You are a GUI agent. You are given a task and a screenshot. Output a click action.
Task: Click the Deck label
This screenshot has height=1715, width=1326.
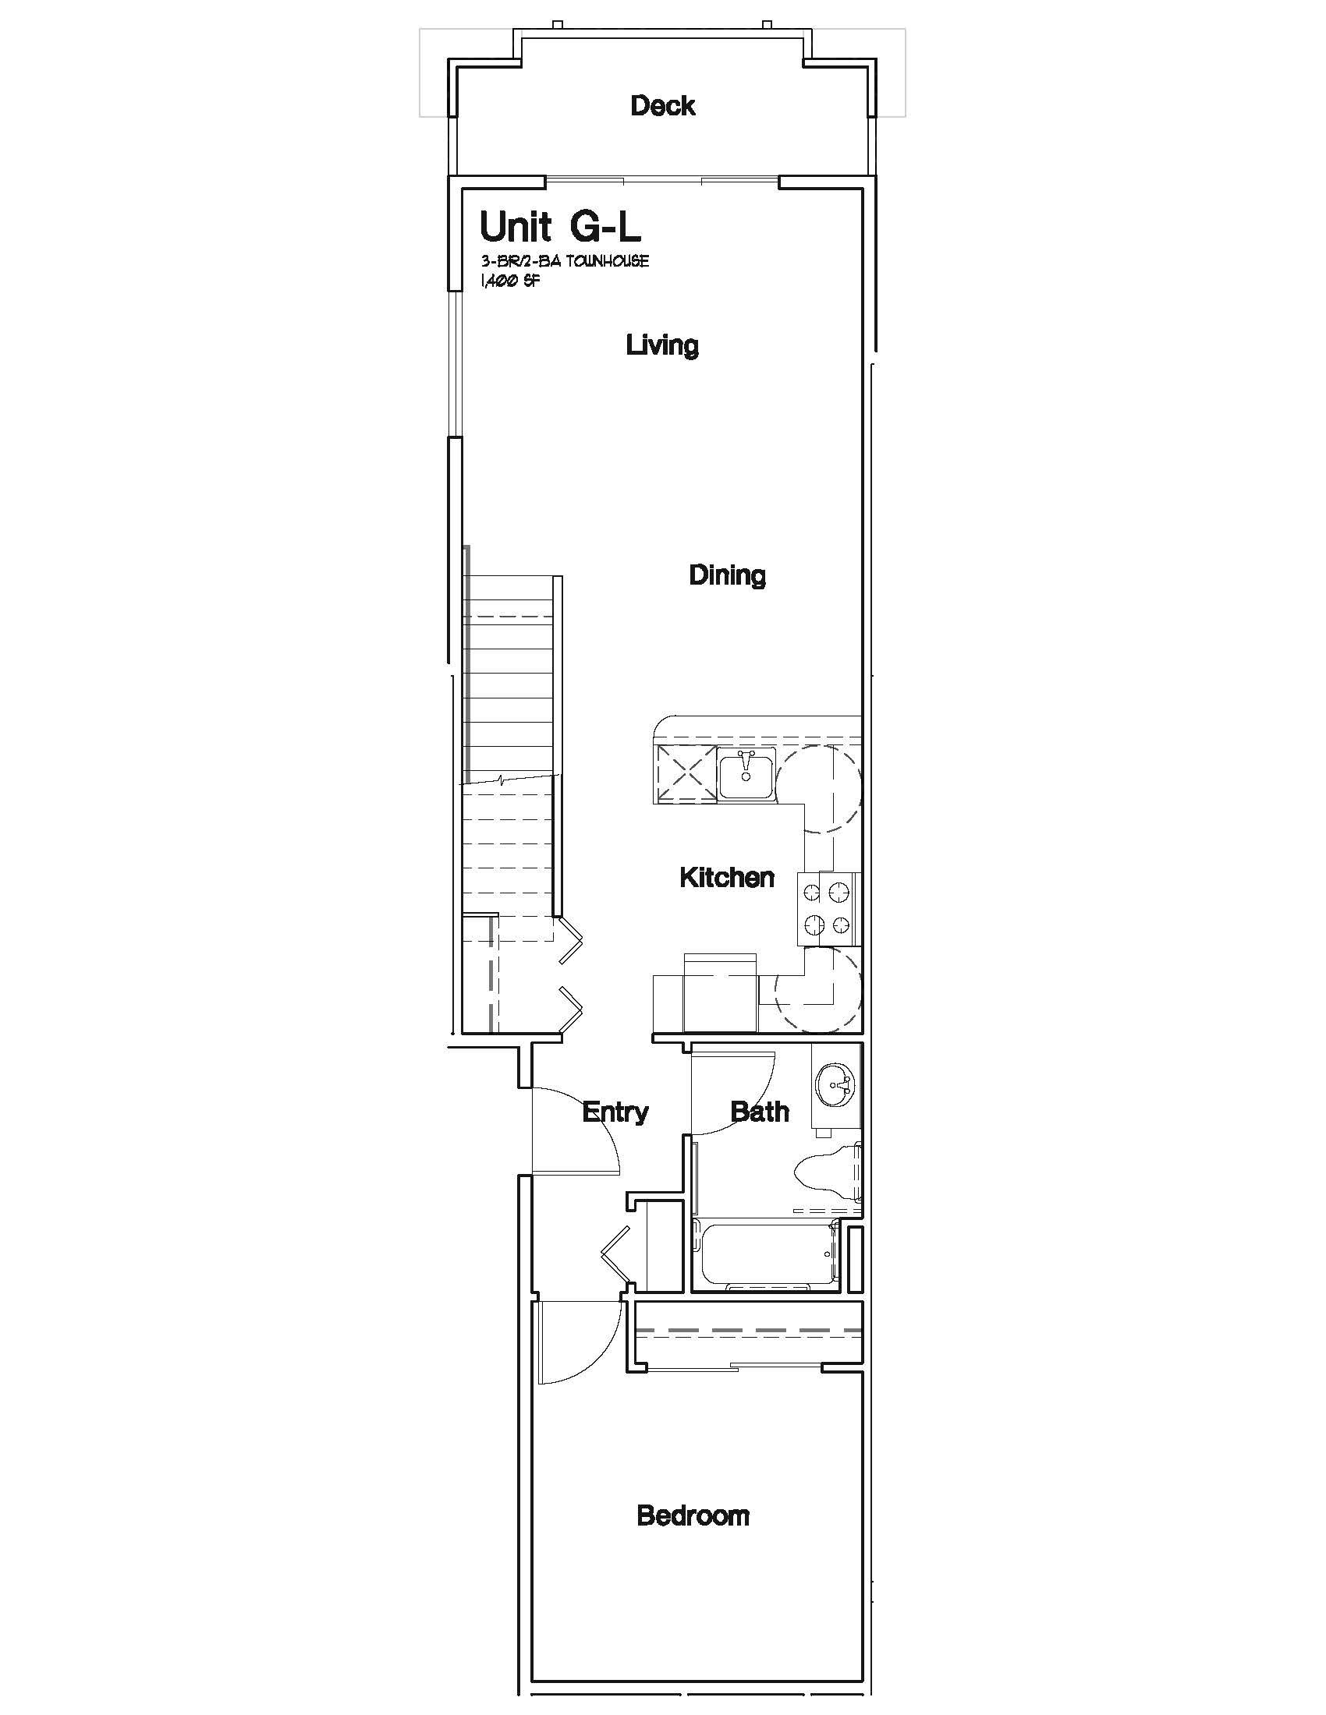coord(662,105)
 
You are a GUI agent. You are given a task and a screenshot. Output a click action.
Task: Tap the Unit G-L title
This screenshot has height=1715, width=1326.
coord(560,227)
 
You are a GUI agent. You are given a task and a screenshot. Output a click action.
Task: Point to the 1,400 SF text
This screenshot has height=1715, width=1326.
coord(509,282)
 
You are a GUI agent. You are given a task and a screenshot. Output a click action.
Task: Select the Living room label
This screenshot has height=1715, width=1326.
coord(662,345)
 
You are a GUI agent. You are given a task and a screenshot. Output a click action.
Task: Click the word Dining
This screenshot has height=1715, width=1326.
coord(728,575)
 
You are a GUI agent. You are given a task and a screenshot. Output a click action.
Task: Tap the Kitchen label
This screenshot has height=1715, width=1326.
coord(727,877)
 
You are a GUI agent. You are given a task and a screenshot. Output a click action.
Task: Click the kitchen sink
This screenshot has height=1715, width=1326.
coord(746,774)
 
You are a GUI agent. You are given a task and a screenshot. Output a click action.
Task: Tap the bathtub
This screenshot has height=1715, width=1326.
coord(765,1255)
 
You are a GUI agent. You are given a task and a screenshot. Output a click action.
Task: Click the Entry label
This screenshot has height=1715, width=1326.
coord(615,1112)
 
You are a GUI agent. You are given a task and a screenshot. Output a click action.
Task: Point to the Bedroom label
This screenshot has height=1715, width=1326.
coord(693,1515)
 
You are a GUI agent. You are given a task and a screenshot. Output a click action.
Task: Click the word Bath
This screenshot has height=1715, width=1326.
coord(760,1111)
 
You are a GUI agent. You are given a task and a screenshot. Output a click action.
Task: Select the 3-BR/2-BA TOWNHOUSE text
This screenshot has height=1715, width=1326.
coord(565,261)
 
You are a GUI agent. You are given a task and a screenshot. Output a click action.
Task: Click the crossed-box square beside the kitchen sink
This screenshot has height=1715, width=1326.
coord(685,774)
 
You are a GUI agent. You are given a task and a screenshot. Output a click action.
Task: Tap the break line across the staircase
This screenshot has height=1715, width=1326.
coord(511,780)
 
